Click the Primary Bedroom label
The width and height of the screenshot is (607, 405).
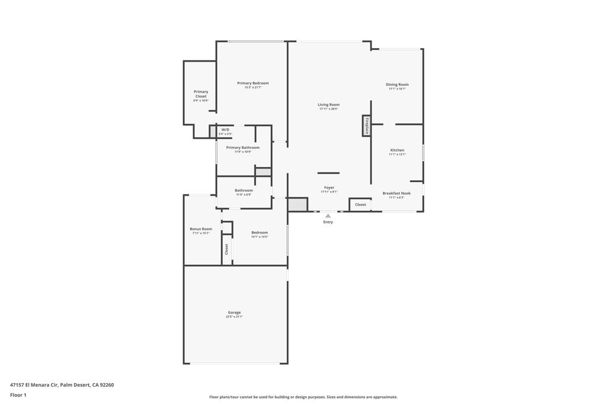(253, 83)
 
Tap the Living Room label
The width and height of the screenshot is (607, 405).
(328, 104)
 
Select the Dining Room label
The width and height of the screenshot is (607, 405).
(397, 84)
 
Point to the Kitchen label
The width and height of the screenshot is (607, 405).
(397, 150)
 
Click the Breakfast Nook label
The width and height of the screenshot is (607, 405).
(397, 193)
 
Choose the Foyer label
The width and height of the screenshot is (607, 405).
(329, 187)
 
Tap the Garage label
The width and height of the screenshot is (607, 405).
(234, 312)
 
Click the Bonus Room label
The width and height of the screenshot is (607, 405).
(201, 228)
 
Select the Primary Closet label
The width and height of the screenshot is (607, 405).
(201, 94)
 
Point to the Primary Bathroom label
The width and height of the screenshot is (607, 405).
(242, 147)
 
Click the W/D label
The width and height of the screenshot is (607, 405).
(225, 129)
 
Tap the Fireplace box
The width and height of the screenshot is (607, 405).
(367, 126)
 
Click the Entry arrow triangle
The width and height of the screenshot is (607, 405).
(328, 216)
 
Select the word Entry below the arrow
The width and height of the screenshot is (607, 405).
(328, 222)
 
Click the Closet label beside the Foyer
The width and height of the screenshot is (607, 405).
(360, 205)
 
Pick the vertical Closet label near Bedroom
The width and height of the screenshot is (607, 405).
(226, 249)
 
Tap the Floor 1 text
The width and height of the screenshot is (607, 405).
(18, 395)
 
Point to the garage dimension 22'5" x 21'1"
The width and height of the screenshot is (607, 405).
(234, 317)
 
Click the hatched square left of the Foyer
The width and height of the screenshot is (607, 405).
(298, 205)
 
